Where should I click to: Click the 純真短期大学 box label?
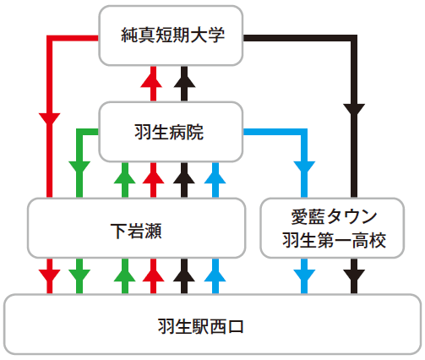click(x=172, y=35)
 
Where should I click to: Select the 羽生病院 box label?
click(x=169, y=132)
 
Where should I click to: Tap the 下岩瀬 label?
click(x=136, y=232)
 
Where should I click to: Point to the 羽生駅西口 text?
click(x=201, y=327)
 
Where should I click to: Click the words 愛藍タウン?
click(x=334, y=216)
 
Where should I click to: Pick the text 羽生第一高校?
click(x=334, y=240)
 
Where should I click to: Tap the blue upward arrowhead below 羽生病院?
click(x=215, y=177)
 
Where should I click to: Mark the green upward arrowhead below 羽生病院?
click(x=125, y=177)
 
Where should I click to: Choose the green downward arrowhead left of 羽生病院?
click(x=79, y=168)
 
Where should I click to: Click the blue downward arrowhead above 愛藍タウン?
click(x=304, y=168)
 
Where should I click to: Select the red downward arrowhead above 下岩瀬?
click(x=50, y=119)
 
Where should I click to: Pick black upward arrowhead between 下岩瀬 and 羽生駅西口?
click(x=184, y=275)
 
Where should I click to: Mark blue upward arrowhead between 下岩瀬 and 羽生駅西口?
click(x=215, y=275)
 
